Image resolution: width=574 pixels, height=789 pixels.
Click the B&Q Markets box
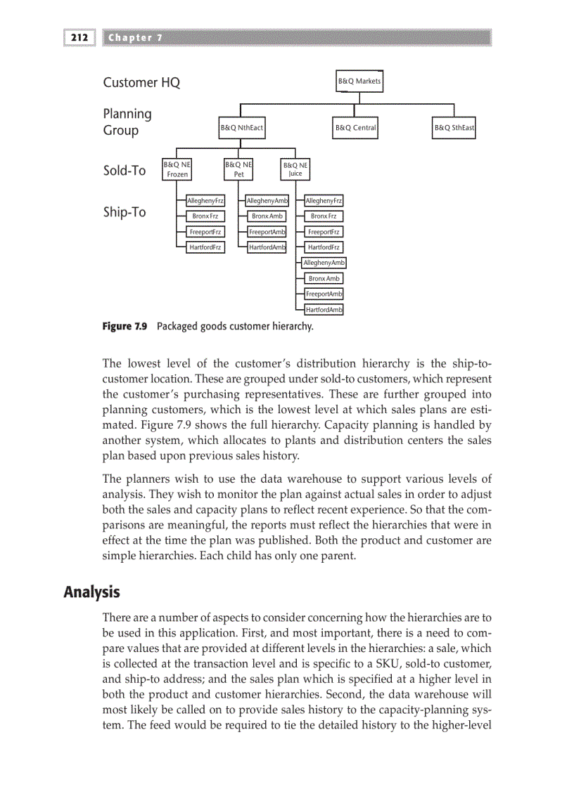coord(359,81)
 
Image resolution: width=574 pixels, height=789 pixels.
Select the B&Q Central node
coord(355,128)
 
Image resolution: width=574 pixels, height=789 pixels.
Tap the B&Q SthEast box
coord(454,128)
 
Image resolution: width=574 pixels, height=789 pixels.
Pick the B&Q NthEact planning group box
coord(242,128)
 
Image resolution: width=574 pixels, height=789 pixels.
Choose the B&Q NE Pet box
coord(238,169)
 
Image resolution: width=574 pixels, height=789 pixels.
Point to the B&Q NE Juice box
coord(295,169)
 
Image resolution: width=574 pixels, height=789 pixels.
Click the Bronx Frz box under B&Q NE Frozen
coord(205,216)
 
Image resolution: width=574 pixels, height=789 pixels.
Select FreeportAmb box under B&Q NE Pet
coord(267,232)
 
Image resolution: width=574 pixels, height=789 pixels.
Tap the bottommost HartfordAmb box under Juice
coord(324,310)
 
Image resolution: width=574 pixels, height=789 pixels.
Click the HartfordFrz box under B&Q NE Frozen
coord(205,247)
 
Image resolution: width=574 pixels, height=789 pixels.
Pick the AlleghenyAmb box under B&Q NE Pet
coord(267,201)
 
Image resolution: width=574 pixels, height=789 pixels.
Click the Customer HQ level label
coord(141,83)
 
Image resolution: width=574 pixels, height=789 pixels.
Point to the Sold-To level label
coord(125,170)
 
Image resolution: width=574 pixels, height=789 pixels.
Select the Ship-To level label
coord(125,212)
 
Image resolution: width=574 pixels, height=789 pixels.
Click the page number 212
coord(78,37)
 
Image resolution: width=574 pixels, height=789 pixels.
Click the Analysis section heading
coord(91,592)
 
